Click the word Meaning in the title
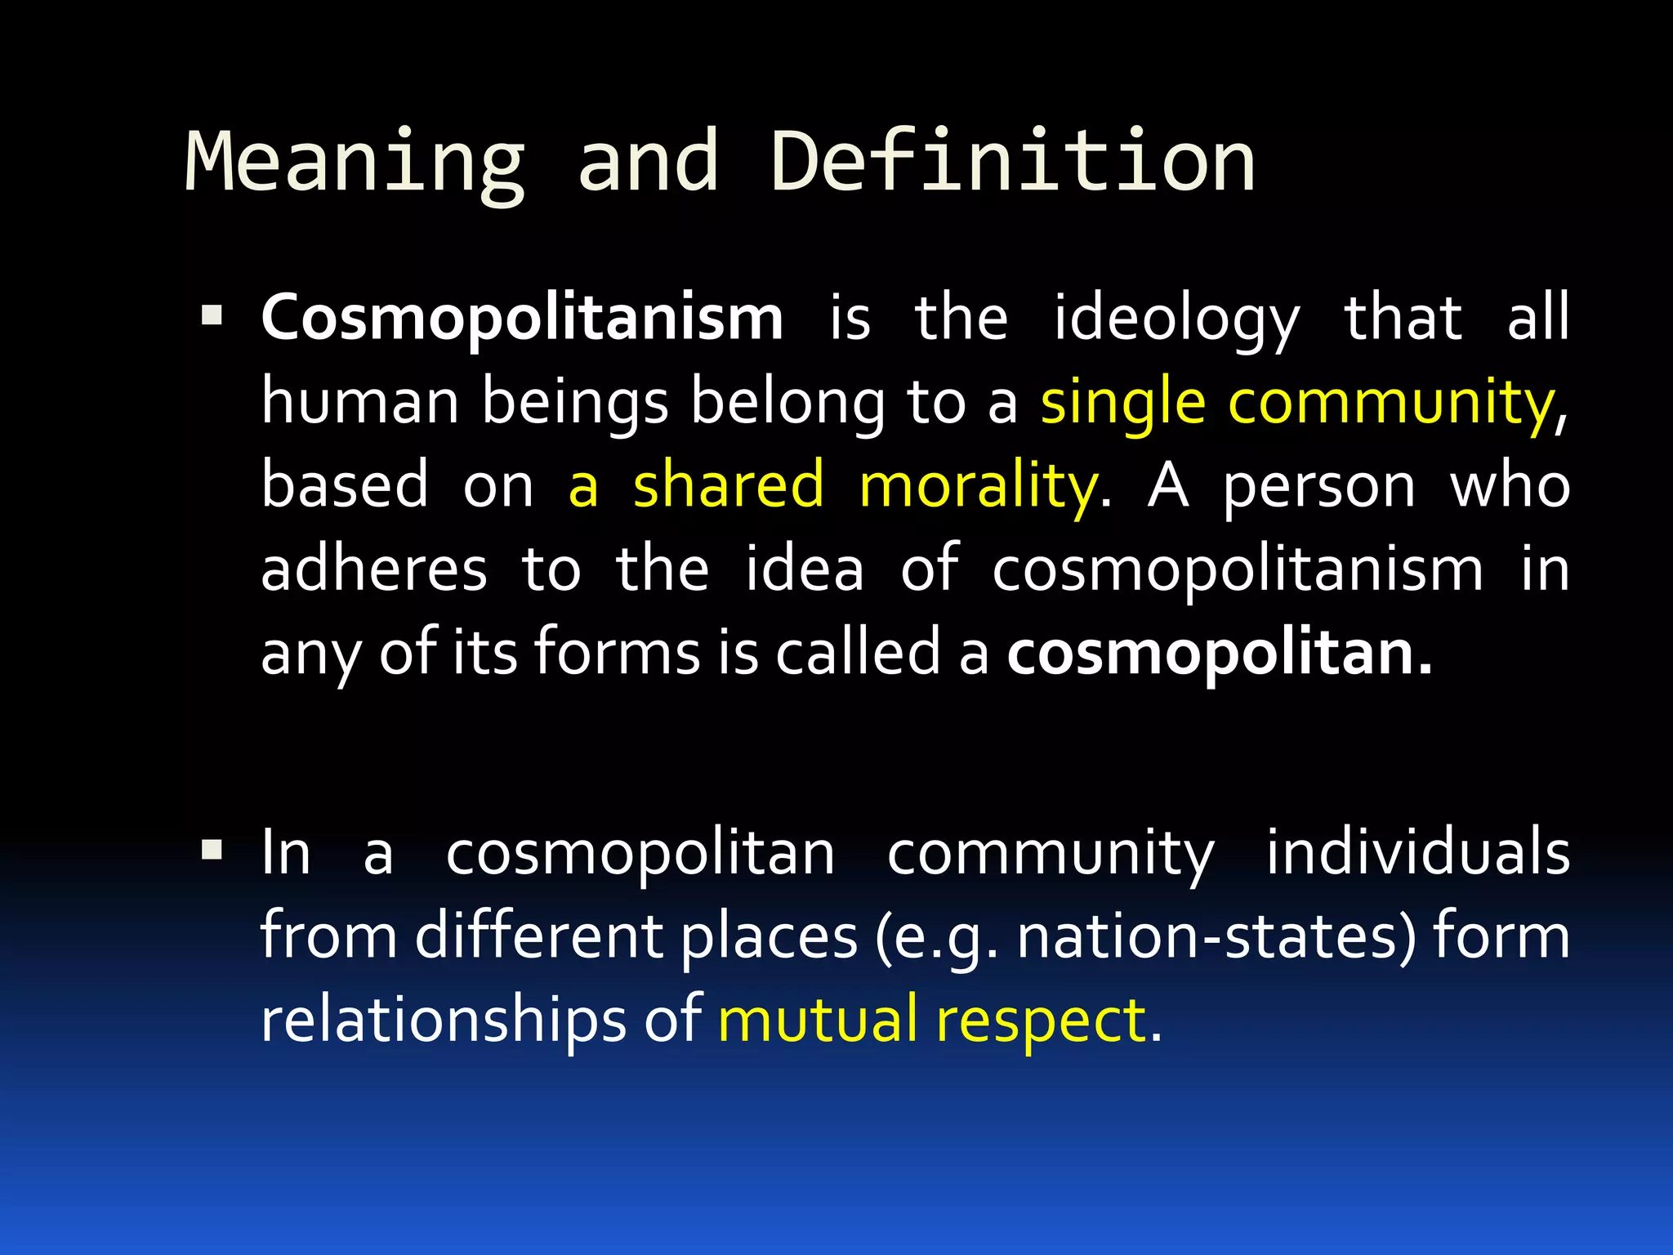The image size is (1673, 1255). click(355, 163)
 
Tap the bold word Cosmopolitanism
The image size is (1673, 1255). click(522, 318)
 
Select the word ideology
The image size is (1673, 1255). click(1176, 319)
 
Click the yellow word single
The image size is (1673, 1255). click(1122, 403)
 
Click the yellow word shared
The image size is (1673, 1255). click(728, 485)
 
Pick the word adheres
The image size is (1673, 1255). click(374, 569)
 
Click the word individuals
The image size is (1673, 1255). click(1417, 852)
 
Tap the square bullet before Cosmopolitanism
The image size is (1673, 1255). click(212, 316)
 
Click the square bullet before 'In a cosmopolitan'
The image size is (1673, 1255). click(212, 851)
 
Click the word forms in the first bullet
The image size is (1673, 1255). click(618, 654)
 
